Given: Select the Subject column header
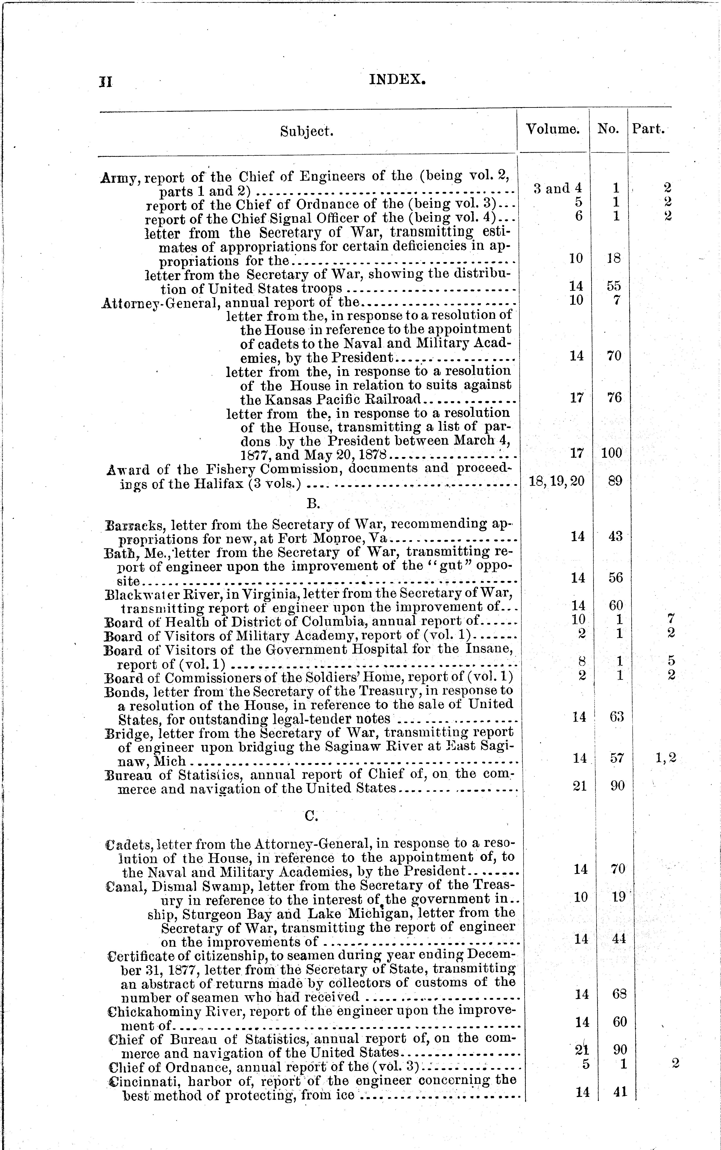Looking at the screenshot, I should click(x=307, y=131).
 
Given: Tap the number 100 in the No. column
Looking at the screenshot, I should click(x=612, y=453).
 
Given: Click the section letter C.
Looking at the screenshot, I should click(x=311, y=816).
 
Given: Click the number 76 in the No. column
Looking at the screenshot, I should click(x=615, y=397).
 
